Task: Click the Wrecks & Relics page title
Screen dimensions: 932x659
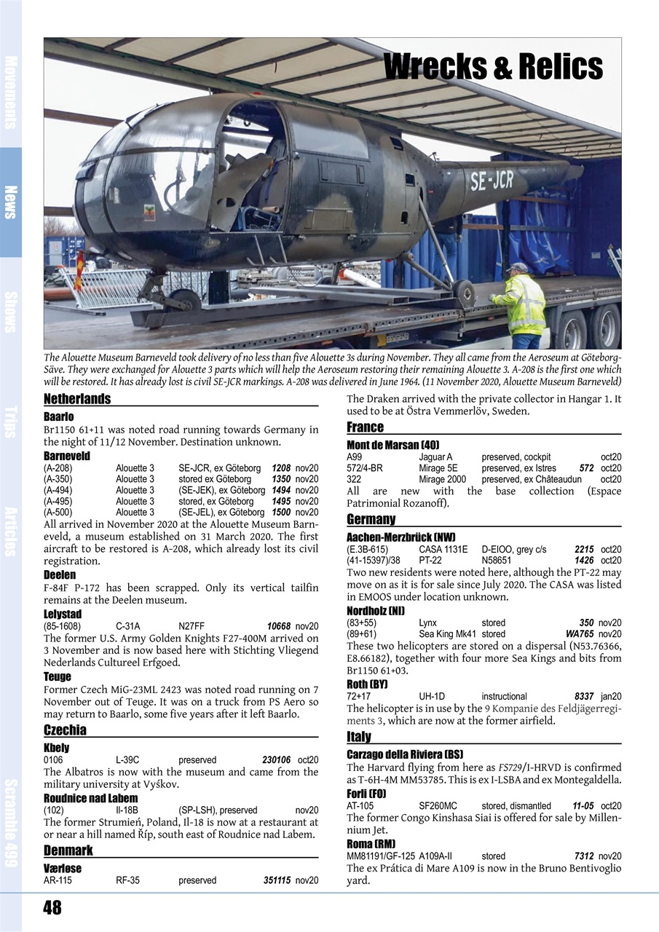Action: tap(493, 67)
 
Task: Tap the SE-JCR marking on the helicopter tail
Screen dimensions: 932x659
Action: tap(492, 181)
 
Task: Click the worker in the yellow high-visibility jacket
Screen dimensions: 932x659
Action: tap(523, 306)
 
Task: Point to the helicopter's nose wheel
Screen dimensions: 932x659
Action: tap(184, 301)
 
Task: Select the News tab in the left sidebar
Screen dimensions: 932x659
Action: tap(11, 202)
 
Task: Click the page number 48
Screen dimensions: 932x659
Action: tap(52, 907)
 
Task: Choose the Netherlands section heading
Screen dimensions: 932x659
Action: tap(77, 399)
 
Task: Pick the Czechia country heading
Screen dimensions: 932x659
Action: tap(65, 730)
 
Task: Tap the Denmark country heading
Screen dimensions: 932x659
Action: tap(68, 850)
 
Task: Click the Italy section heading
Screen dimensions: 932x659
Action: tap(359, 737)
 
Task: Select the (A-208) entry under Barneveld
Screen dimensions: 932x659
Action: tap(58, 468)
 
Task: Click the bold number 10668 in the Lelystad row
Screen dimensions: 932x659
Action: tap(278, 626)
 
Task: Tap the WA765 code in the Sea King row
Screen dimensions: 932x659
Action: tap(579, 633)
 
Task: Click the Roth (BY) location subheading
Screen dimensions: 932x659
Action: tap(367, 684)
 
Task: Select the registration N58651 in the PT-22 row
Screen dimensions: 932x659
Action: tap(497, 560)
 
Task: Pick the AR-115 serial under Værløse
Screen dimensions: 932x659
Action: tap(58, 880)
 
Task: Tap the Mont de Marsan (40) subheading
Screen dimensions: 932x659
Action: tap(393, 445)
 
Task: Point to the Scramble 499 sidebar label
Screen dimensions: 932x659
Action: tap(11, 823)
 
